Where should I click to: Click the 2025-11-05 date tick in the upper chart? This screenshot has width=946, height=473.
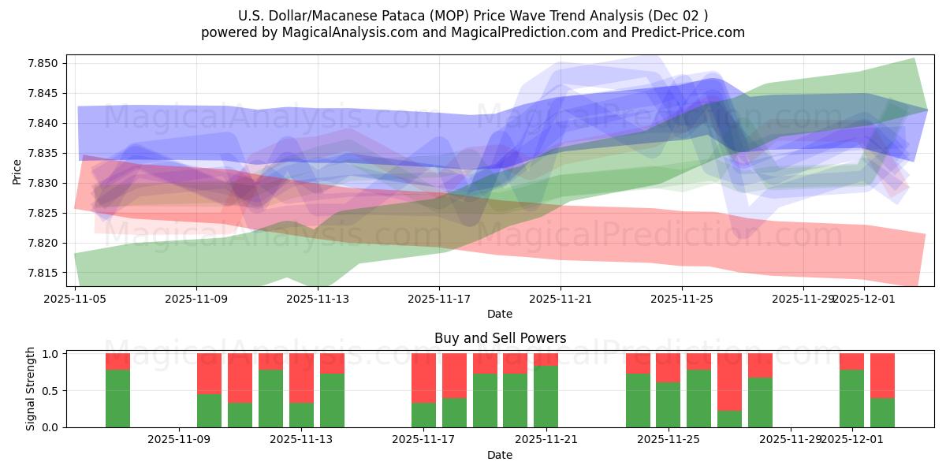[75, 299]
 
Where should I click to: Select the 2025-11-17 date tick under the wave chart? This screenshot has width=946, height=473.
[439, 299]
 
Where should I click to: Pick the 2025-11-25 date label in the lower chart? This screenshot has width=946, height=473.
[668, 440]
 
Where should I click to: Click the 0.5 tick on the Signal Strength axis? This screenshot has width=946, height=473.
[50, 391]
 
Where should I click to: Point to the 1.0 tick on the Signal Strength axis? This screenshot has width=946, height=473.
[50, 354]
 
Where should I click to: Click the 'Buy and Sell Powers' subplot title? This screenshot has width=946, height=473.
[500, 338]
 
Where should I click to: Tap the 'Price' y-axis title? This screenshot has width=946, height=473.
[17, 171]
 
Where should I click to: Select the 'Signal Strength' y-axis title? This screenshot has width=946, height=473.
[30, 389]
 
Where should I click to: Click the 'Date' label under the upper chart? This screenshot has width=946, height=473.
[500, 314]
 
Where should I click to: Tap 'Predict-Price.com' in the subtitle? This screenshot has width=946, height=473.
[688, 32]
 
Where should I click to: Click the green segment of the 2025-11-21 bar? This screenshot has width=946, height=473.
[546, 397]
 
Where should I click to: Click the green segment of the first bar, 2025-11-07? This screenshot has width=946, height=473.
[117, 398]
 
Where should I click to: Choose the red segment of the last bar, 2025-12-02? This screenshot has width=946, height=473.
[882, 375]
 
